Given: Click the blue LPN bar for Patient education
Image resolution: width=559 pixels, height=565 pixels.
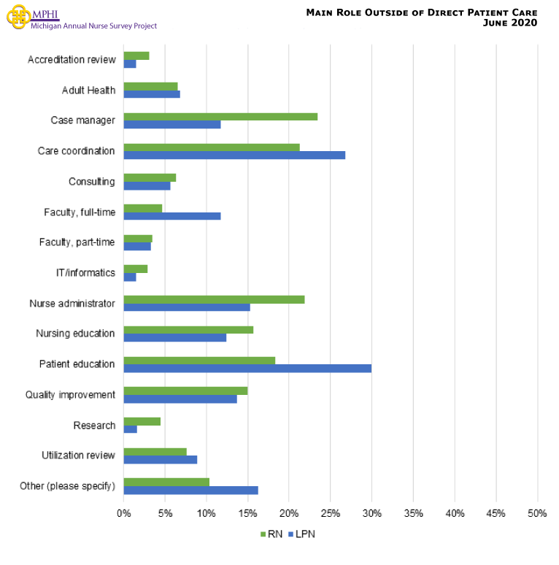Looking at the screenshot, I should (247, 368).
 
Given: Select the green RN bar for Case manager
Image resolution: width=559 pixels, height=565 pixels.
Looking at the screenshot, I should (220, 116).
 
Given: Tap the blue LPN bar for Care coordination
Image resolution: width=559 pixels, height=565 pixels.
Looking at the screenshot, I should (234, 155).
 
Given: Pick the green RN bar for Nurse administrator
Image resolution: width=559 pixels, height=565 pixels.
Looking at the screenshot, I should (214, 299).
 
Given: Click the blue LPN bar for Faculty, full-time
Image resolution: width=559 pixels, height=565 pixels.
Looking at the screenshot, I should (172, 216).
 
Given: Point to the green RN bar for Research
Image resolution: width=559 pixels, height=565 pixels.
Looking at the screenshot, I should (142, 421).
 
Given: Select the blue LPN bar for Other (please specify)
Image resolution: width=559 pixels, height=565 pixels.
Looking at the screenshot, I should (190, 491).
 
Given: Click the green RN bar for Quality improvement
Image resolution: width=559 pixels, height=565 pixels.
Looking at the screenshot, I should (185, 391).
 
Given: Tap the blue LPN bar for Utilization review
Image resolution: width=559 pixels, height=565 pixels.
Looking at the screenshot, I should (161, 460).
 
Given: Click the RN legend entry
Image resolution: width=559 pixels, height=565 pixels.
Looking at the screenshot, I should (271, 534).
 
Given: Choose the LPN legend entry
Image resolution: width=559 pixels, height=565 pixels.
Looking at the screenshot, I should (302, 534).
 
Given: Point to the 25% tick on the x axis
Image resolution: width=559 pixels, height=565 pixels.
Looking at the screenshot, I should (331, 513).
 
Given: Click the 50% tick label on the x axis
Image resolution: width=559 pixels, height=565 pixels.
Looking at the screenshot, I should (537, 513).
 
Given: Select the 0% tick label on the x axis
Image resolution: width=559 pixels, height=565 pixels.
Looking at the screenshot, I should (124, 513).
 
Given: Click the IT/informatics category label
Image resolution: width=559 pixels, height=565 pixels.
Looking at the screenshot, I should (85, 273).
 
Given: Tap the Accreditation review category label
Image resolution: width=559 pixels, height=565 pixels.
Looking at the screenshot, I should (71, 59).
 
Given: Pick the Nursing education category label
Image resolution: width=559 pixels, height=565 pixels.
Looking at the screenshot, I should (75, 334).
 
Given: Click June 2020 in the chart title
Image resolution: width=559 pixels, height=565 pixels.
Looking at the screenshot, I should (510, 23).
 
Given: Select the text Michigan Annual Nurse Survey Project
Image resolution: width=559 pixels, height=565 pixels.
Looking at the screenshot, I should (93, 26).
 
